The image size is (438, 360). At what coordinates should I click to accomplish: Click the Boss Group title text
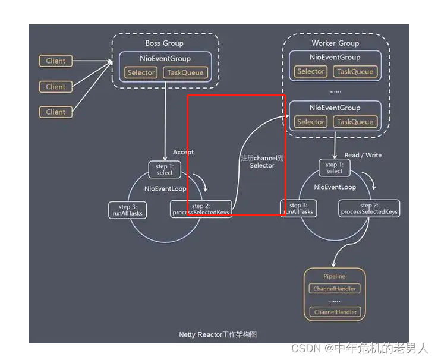click(x=165, y=43)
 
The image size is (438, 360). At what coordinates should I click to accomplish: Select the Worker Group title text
click(x=336, y=43)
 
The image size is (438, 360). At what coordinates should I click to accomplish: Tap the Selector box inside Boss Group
click(x=141, y=72)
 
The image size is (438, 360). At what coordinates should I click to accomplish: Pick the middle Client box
click(x=56, y=87)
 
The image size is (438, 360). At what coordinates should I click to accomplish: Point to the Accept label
click(x=183, y=152)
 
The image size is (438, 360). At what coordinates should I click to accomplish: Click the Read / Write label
click(x=363, y=155)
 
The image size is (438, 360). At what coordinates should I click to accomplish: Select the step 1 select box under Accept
click(x=165, y=169)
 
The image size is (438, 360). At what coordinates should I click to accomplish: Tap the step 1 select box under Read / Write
click(x=334, y=168)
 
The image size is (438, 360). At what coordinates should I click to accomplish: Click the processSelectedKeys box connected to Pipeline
click(x=369, y=209)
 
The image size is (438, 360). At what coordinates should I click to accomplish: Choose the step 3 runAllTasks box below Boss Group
click(x=128, y=210)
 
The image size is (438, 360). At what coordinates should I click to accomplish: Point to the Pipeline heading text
click(x=335, y=276)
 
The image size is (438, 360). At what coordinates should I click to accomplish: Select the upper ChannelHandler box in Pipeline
click(x=335, y=289)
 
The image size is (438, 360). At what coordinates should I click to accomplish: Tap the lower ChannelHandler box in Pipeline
click(x=335, y=312)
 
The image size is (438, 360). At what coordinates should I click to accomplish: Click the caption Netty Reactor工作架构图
click(x=218, y=334)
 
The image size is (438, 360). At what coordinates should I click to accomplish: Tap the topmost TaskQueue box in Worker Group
click(x=355, y=71)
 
